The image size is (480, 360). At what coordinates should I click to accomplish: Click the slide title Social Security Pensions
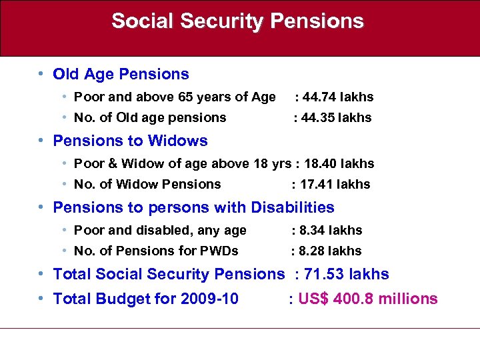pyautogui.click(x=237, y=21)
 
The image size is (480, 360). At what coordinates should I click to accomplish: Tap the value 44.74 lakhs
pyautogui.click(x=337, y=97)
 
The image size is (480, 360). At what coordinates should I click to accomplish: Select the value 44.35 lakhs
pyautogui.click(x=336, y=117)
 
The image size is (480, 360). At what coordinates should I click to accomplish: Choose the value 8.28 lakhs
pyautogui.click(x=330, y=251)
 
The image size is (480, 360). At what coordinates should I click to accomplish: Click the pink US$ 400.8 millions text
pyautogui.click(x=368, y=299)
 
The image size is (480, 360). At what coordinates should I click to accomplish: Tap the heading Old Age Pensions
pyautogui.click(x=121, y=74)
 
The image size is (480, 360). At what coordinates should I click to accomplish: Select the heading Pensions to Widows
pyautogui.click(x=130, y=141)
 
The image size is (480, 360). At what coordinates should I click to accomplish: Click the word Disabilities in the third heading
pyautogui.click(x=293, y=207)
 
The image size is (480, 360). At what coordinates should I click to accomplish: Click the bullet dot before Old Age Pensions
pyautogui.click(x=41, y=74)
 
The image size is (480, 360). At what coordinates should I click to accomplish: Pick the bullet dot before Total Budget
pyautogui.click(x=41, y=299)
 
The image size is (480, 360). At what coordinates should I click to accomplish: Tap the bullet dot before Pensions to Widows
pyautogui.click(x=41, y=141)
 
